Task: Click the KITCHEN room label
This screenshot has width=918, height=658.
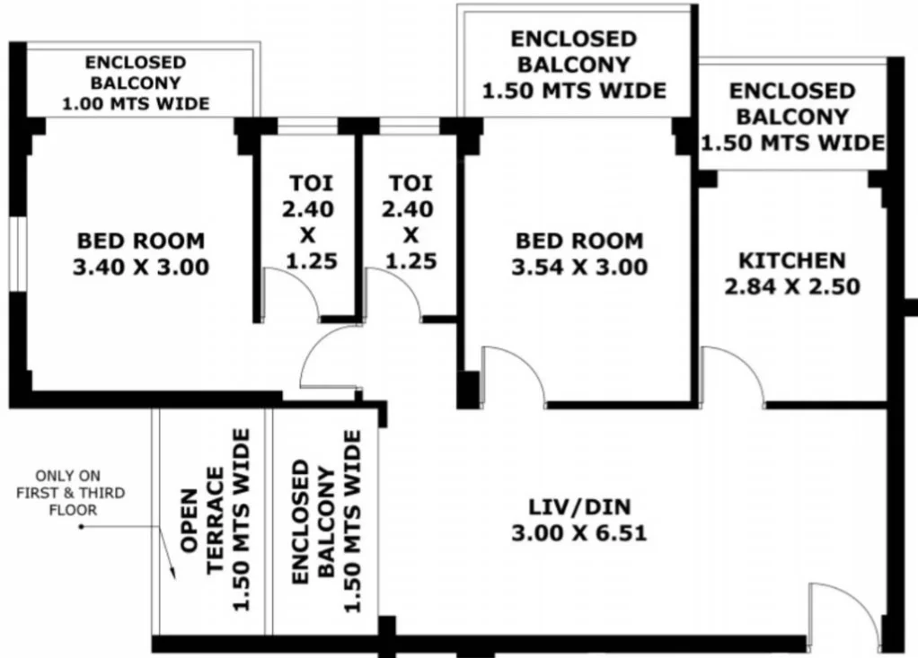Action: pyautogui.click(x=792, y=260)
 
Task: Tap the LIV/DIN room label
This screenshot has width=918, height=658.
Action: pyautogui.click(x=579, y=506)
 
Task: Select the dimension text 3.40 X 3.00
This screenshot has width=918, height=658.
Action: pyautogui.click(x=141, y=268)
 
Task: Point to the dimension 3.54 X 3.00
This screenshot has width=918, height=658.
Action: pyautogui.click(x=579, y=268)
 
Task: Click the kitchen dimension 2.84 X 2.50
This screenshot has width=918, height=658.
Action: pyautogui.click(x=792, y=286)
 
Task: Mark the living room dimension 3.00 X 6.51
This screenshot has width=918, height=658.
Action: pyautogui.click(x=579, y=533)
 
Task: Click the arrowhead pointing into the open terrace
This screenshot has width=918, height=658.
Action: pyautogui.click(x=172, y=571)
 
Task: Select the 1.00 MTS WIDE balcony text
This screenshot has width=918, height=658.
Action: pyautogui.click(x=136, y=104)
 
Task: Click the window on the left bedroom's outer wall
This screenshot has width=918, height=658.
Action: pyautogui.click(x=18, y=254)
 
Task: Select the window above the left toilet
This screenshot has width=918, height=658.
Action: pyautogui.click(x=307, y=127)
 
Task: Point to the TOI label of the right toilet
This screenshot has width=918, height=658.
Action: pyautogui.click(x=411, y=183)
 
